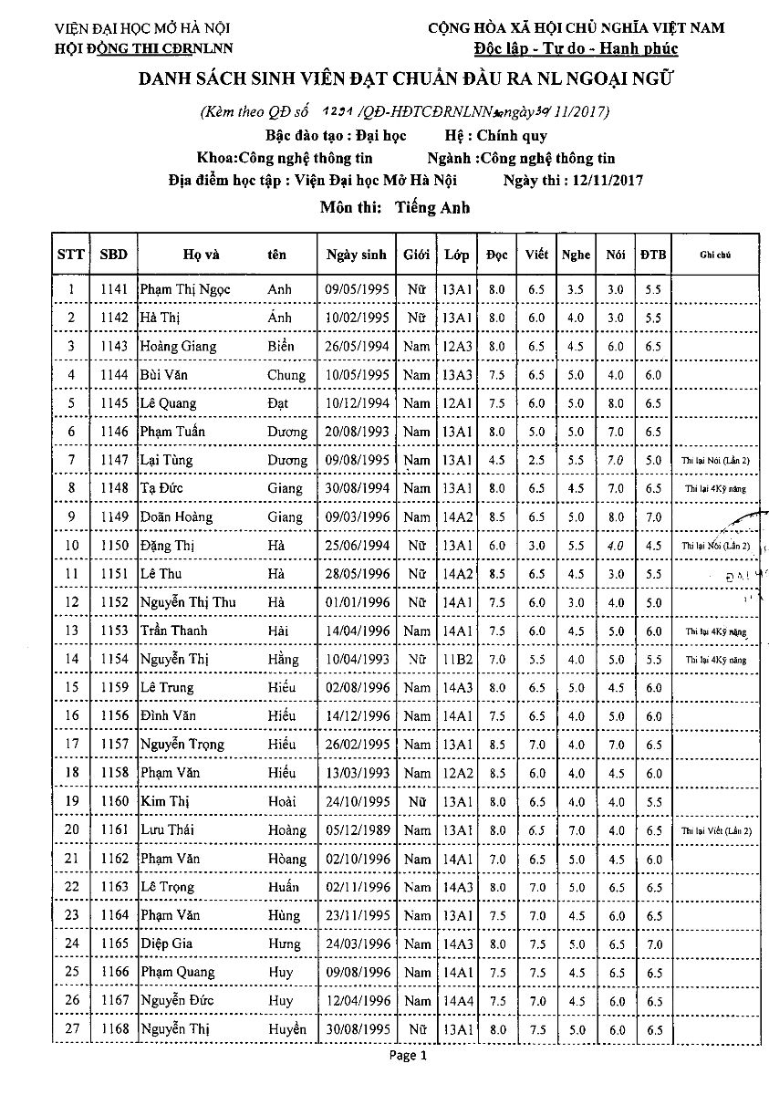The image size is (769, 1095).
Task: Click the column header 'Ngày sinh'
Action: (x=357, y=255)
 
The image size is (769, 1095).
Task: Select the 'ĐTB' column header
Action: (x=651, y=255)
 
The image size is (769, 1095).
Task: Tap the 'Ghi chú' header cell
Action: (x=716, y=255)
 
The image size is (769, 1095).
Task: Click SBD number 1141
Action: (x=114, y=290)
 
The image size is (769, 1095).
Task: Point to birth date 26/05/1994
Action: (x=357, y=347)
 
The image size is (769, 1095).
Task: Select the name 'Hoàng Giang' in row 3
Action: (x=179, y=347)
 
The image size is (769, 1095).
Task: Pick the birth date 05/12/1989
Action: (x=357, y=829)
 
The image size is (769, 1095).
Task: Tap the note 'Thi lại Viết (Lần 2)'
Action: (x=716, y=830)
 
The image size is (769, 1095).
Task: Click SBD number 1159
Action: (x=114, y=687)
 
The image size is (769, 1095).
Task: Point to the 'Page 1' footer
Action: (x=408, y=1057)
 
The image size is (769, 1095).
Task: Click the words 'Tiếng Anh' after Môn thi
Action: (x=433, y=207)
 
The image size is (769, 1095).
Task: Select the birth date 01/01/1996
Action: (x=357, y=602)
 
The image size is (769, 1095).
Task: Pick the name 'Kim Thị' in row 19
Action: (x=163, y=801)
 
